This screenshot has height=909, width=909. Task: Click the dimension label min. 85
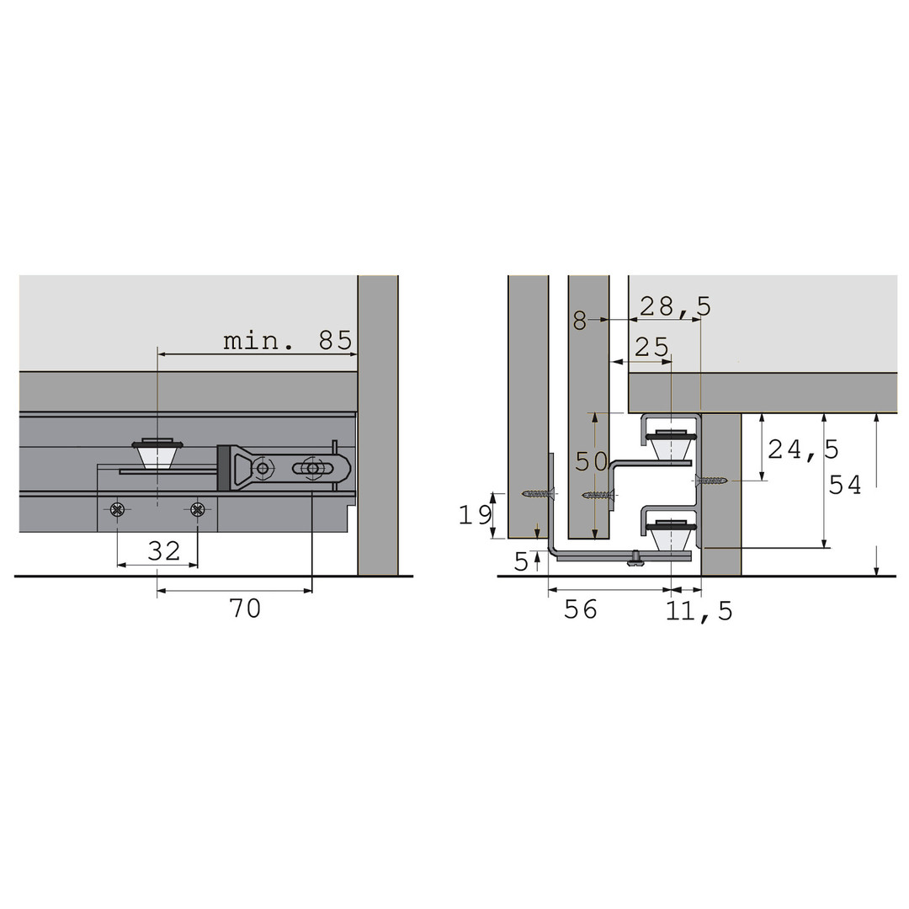pyautogui.click(x=288, y=341)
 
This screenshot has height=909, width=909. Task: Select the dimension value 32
pyautogui.click(x=164, y=550)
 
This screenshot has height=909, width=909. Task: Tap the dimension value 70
pyautogui.click(x=245, y=609)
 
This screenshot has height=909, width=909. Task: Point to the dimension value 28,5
pyautogui.click(x=675, y=306)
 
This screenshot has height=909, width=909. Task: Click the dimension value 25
pyautogui.click(x=652, y=348)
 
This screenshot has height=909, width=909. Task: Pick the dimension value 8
pyautogui.click(x=580, y=320)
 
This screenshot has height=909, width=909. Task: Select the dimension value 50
pyautogui.click(x=592, y=461)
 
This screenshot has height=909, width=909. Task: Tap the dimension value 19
pyautogui.click(x=476, y=514)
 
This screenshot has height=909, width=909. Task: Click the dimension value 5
pyautogui.click(x=521, y=561)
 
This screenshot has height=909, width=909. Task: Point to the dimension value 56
pyautogui.click(x=580, y=609)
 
